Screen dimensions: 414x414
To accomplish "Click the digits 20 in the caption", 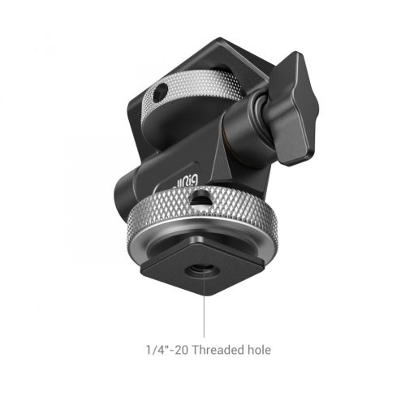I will (178, 349).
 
